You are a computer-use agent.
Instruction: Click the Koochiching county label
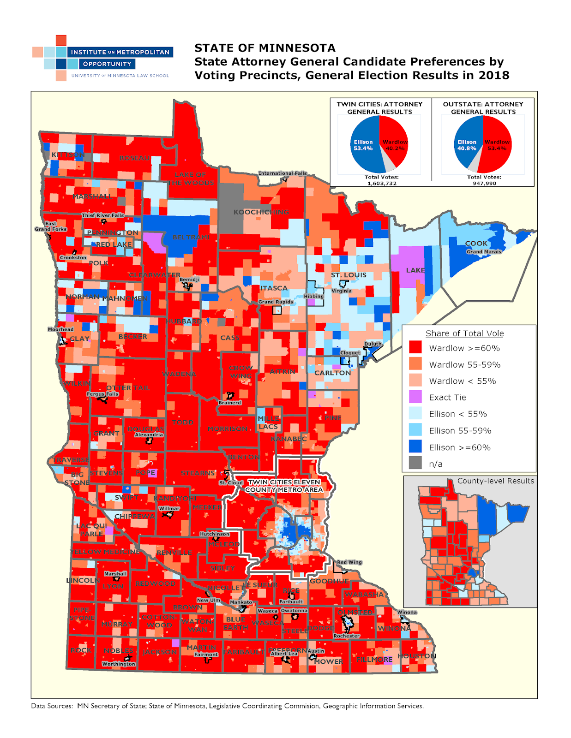[261, 212]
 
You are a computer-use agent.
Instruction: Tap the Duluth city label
[373, 344]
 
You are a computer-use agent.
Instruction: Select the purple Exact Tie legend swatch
[415, 397]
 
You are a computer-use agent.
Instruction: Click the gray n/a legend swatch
[415, 463]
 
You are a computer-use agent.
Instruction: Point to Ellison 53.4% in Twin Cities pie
[363, 145]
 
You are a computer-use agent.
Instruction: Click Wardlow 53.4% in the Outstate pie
[497, 145]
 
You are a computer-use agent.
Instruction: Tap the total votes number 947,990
[484, 183]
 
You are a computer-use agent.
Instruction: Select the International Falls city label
[282, 173]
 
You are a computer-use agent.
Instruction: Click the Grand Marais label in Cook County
[484, 252]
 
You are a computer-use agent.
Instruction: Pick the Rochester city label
[347, 636]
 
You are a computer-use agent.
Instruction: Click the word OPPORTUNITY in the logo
[107, 64]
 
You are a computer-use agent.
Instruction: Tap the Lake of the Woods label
[191, 179]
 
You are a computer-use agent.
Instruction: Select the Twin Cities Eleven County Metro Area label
[284, 486]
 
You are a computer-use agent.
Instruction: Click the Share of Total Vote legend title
[464, 333]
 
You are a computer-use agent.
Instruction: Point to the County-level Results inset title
[495, 481]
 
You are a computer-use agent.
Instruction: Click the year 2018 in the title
[493, 75]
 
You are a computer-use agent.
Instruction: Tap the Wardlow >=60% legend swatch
[415, 347]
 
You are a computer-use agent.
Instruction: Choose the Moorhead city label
[60, 329]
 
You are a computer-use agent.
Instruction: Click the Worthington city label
[119, 664]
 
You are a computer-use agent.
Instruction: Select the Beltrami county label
[191, 237]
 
